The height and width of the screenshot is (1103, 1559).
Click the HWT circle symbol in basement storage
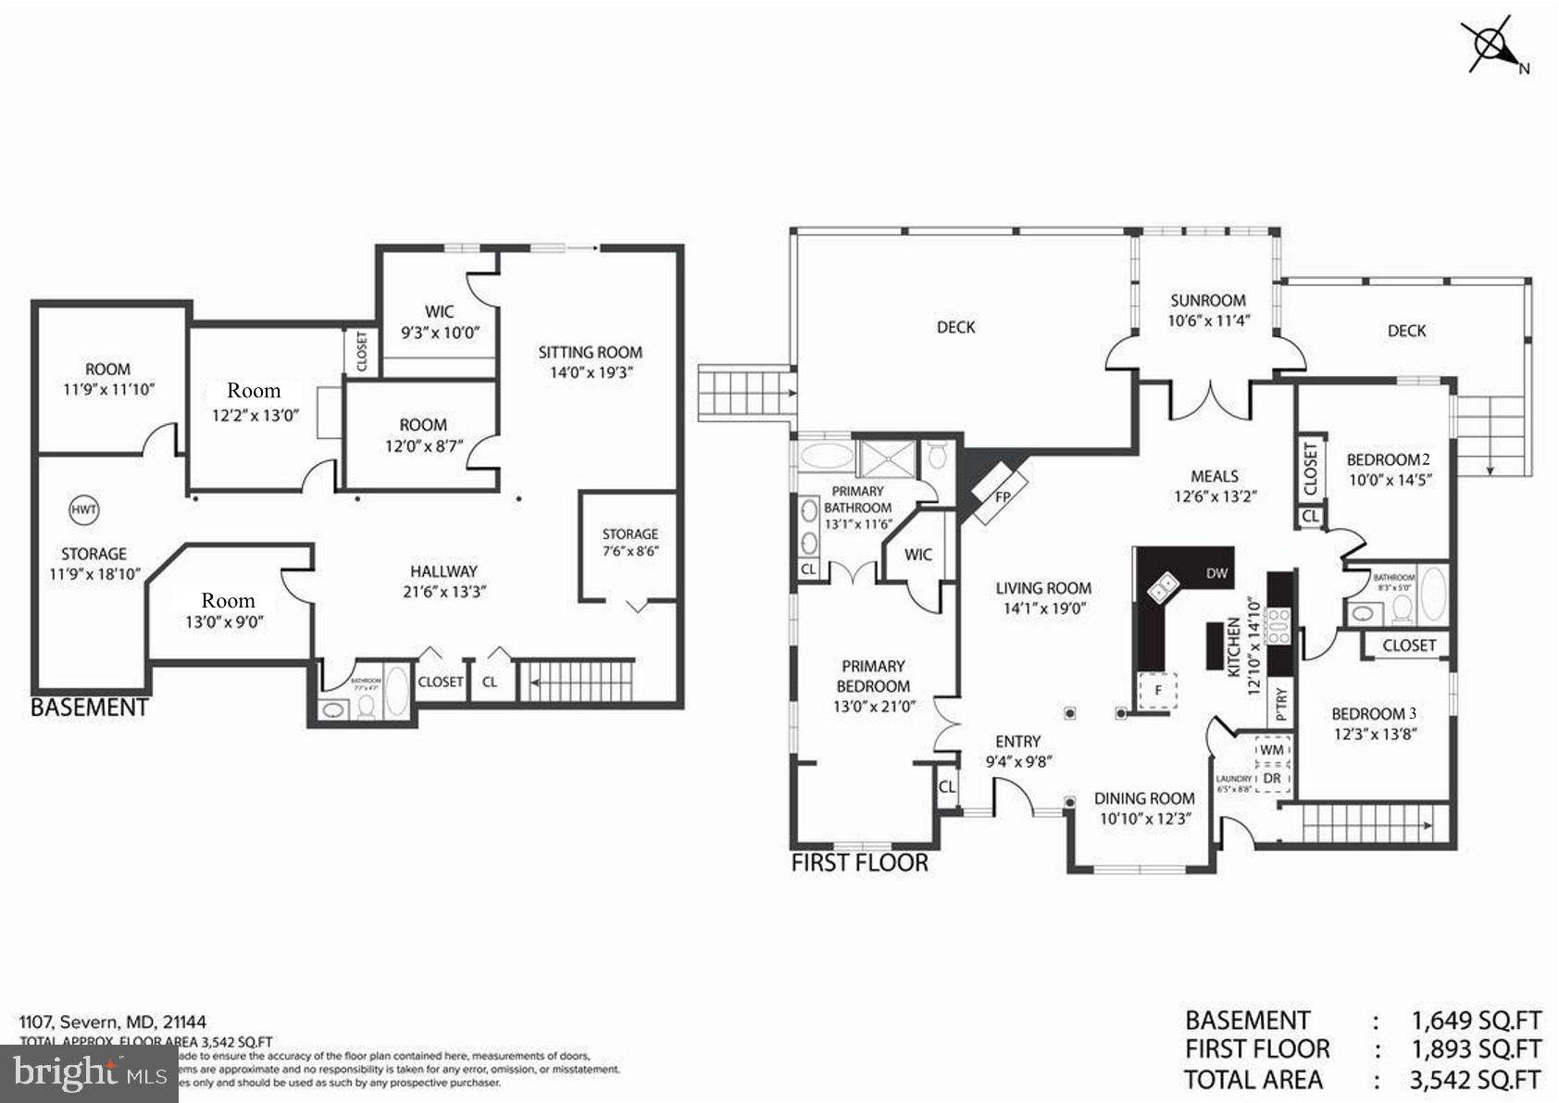click(x=84, y=509)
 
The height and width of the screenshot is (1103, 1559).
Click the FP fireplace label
click(x=1003, y=495)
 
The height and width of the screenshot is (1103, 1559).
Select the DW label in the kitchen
click(x=1216, y=573)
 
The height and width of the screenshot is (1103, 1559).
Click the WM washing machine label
click(x=1272, y=749)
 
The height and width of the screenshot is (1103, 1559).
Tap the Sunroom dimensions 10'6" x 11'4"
click(x=1208, y=321)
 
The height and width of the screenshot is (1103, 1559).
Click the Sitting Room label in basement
click(x=590, y=352)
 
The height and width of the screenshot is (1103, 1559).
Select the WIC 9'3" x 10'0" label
click(x=440, y=322)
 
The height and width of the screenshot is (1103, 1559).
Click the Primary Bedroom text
click(x=873, y=676)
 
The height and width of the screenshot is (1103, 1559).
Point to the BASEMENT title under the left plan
click(x=90, y=708)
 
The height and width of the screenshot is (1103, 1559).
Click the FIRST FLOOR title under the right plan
click(x=859, y=863)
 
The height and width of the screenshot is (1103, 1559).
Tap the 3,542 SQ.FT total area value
click(x=1476, y=1080)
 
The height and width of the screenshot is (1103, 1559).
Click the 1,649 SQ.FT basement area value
click(x=1476, y=1021)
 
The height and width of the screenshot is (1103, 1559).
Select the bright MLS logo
click(x=88, y=1074)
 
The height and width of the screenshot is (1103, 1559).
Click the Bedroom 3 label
click(x=1374, y=714)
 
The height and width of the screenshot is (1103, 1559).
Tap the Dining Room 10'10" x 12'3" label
click(x=1144, y=808)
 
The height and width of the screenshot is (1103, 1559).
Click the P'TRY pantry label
click(x=1281, y=704)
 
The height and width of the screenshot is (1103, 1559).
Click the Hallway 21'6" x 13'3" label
click(x=443, y=582)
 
